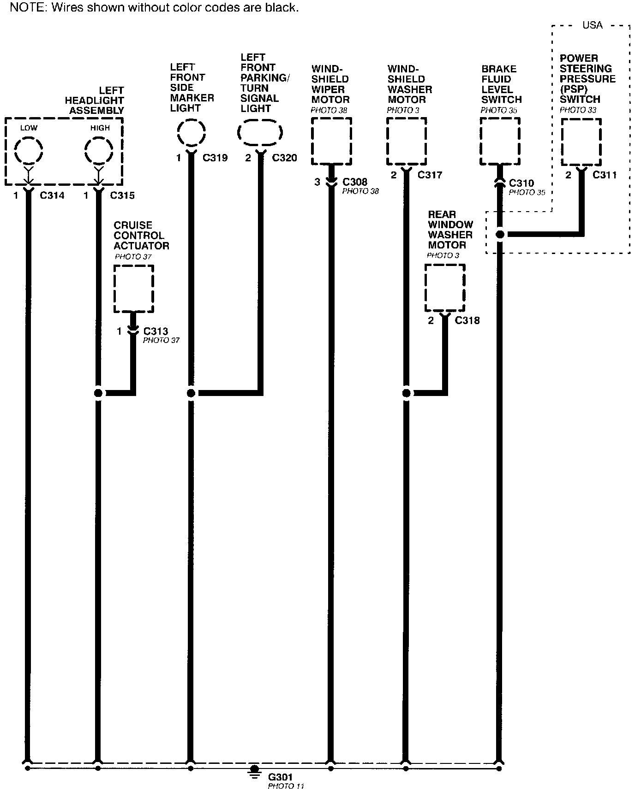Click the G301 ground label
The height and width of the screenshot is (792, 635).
point(280,777)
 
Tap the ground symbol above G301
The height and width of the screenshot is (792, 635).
point(254,771)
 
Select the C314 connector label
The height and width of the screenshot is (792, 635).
point(52,195)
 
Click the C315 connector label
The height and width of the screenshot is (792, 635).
point(122,195)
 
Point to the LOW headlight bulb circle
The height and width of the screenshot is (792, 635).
point(29,150)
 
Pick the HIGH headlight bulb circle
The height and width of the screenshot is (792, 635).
point(99,150)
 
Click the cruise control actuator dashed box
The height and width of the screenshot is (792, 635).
point(134,289)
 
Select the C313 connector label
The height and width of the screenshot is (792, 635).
point(156,331)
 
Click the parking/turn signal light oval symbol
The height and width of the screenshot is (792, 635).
point(260,133)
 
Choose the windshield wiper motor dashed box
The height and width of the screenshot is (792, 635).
point(331,141)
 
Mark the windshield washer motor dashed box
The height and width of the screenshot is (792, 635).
point(406,141)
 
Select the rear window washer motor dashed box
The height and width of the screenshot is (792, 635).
point(445,288)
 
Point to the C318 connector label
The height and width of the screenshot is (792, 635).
point(467,320)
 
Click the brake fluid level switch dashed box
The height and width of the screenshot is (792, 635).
point(500,141)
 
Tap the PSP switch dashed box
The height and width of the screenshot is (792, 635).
point(581,142)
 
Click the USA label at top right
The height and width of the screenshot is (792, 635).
point(593,25)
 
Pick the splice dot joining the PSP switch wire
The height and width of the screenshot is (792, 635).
point(499,234)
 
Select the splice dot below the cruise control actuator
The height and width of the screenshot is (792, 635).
point(98,393)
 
